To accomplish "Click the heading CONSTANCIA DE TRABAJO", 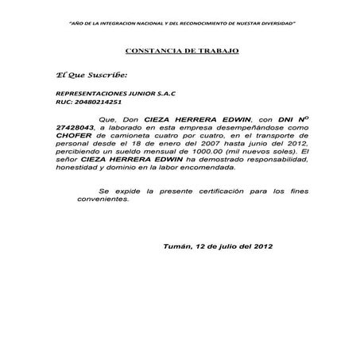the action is [181, 50].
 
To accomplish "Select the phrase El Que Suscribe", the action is [87, 75].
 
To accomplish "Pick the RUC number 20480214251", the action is [88, 103].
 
